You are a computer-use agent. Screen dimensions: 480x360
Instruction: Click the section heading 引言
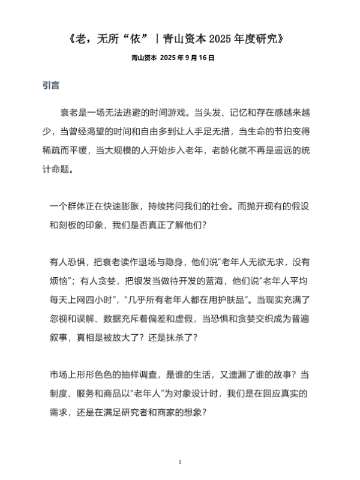pyautogui.click(x=50, y=85)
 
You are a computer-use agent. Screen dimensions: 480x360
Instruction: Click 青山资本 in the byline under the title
pyautogui.click(x=144, y=58)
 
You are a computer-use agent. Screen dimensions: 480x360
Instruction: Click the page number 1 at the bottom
pyautogui.click(x=180, y=461)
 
